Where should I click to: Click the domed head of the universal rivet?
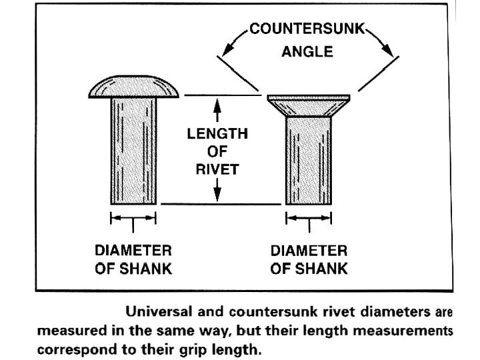tap(133, 87)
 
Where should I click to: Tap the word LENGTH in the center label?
tap(217, 134)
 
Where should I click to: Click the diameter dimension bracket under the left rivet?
tap(133, 218)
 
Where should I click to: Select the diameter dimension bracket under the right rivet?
tap(308, 218)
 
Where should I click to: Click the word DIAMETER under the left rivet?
tap(133, 252)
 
